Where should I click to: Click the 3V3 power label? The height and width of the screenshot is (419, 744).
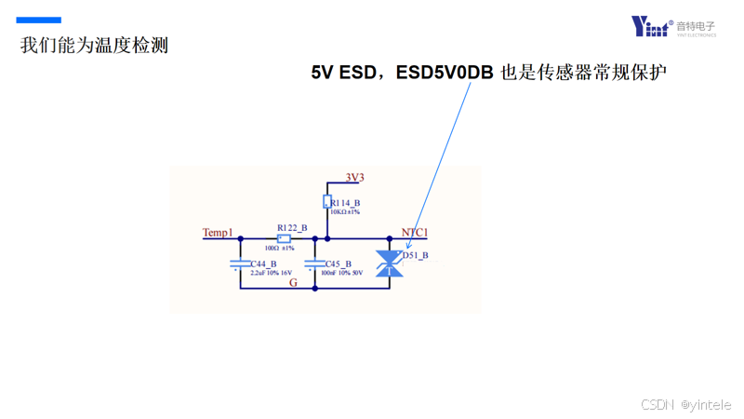click(x=354, y=177)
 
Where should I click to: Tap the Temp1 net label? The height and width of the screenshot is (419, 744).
click(x=218, y=232)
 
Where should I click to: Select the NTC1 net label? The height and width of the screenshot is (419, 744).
click(x=414, y=232)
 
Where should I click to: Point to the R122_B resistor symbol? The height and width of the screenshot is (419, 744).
click(x=284, y=238)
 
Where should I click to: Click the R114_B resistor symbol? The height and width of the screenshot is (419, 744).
click(x=327, y=202)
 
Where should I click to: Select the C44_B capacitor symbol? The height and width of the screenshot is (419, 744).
click(x=241, y=264)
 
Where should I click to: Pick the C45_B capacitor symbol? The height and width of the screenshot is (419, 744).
click(x=315, y=264)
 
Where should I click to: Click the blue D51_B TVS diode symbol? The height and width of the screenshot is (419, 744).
click(x=385, y=264)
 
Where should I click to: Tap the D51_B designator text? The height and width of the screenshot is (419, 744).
click(x=415, y=254)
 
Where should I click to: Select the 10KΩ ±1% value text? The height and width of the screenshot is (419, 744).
click(x=345, y=212)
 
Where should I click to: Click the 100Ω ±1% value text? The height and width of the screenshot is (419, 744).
click(x=279, y=248)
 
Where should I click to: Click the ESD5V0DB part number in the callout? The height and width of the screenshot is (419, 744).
click(x=445, y=73)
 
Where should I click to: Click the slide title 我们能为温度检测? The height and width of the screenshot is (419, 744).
click(x=94, y=45)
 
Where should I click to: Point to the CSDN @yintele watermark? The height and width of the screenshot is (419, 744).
click(x=686, y=404)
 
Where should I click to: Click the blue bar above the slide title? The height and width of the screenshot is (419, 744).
click(x=40, y=20)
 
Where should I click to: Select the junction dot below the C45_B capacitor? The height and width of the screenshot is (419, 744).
click(x=315, y=288)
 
